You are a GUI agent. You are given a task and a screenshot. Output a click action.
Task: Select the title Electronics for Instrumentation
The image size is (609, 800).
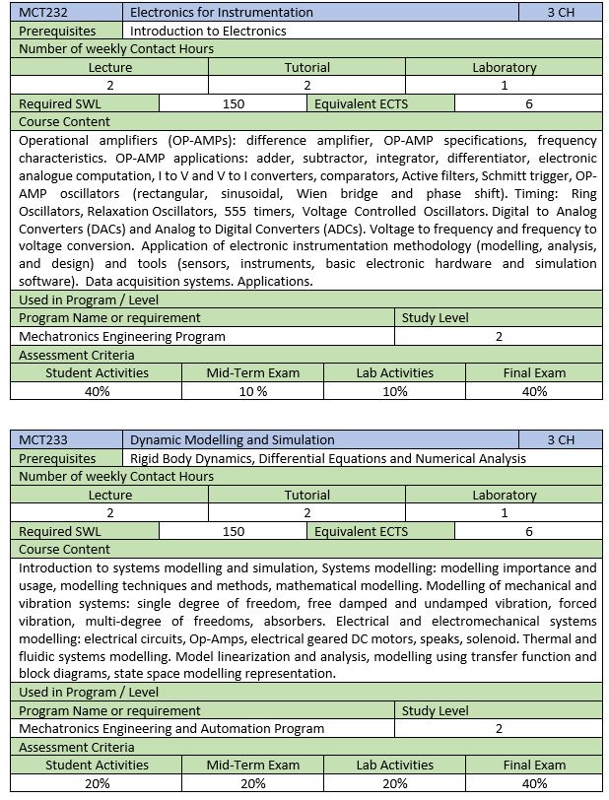tap(222, 13)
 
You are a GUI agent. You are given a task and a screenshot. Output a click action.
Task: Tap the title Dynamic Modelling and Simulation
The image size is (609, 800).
tap(233, 439)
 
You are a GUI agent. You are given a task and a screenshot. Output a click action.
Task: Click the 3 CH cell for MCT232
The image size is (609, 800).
tap(560, 13)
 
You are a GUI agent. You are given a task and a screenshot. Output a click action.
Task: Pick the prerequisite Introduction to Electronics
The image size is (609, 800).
tap(208, 31)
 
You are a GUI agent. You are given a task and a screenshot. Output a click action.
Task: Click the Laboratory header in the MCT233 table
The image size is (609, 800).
tap(504, 495)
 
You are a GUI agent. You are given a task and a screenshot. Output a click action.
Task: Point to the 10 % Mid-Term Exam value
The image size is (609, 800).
tap(252, 391)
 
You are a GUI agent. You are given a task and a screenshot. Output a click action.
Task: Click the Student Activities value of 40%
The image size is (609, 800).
tap(97, 391)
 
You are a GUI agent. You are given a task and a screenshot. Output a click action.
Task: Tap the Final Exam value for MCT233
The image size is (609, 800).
tap(534, 783)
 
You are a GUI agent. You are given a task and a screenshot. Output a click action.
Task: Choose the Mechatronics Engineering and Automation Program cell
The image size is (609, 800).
tap(171, 728)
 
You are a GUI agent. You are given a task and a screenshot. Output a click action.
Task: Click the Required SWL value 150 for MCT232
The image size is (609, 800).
tap(234, 103)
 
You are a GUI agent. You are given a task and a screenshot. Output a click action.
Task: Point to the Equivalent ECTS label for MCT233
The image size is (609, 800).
tap(361, 531)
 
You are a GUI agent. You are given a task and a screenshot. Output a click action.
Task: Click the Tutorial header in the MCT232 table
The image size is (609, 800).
tap(307, 67)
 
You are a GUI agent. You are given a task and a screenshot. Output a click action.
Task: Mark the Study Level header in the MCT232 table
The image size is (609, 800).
tap(435, 318)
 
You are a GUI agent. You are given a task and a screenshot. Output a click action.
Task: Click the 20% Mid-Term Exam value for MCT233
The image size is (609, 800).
tap(252, 783)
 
